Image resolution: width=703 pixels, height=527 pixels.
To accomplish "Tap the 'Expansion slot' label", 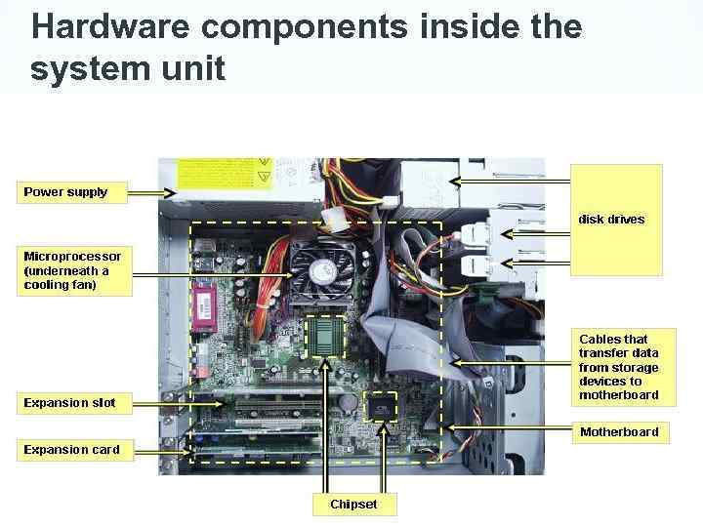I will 74,402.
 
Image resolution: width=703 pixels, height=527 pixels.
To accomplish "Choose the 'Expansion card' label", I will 74,450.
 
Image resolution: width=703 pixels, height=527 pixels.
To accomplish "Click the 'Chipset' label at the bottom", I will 352,505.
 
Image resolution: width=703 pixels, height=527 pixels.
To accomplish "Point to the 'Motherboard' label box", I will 620,431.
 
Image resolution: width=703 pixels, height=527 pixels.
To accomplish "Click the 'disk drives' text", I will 612,219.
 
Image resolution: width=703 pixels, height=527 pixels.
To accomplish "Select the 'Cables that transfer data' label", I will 620,367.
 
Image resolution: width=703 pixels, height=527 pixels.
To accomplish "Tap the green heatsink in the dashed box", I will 325,336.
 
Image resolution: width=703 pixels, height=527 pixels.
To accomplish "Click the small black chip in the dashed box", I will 380,406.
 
